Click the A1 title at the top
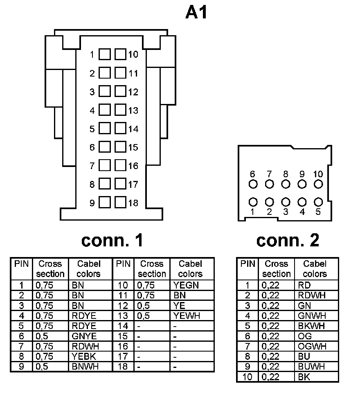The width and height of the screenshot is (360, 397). (197, 13)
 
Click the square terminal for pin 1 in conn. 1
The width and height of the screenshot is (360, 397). (105, 54)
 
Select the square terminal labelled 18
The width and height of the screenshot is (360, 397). (120, 203)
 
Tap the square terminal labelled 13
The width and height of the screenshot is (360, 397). (120, 110)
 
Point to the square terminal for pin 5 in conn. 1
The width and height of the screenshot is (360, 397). (105, 129)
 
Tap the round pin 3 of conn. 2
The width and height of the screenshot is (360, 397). (286, 202)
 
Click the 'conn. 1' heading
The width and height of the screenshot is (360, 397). (112, 241)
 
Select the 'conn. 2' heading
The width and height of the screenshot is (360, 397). (288, 241)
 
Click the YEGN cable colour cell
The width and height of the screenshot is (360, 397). (186, 285)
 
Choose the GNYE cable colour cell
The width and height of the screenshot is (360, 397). (84, 336)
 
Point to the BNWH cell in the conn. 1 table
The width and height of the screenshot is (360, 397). (85, 367)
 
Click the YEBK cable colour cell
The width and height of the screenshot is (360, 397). (84, 356)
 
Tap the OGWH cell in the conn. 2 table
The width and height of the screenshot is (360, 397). (312, 346)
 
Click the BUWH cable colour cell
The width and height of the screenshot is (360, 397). (312, 367)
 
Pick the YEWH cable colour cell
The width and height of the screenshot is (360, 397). (187, 316)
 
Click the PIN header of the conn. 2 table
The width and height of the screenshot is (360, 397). (248, 264)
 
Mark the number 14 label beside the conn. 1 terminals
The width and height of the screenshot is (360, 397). (133, 129)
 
